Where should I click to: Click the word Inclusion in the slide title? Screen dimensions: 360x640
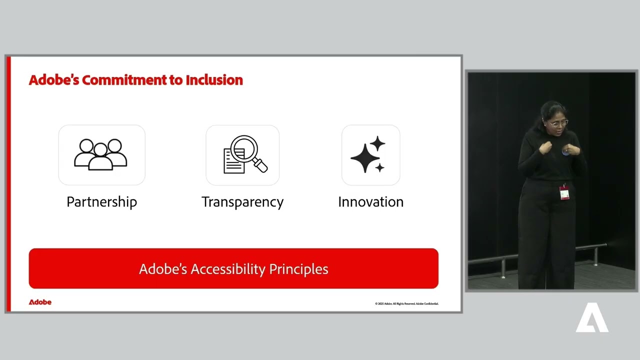tap(214, 80)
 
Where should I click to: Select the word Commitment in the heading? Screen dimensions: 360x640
tap(125, 80)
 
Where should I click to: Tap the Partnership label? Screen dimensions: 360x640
tap(101, 202)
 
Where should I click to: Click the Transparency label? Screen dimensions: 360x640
tap(242, 202)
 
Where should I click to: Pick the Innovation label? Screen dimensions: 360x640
tap(370, 202)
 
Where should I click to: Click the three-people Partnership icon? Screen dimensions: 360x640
tap(101, 154)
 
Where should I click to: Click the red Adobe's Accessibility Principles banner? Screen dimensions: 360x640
tap(233, 268)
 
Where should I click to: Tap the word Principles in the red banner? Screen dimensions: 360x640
tap(298, 269)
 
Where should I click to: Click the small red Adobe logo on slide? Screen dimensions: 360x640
tap(40, 302)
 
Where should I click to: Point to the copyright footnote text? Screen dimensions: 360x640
tap(406, 303)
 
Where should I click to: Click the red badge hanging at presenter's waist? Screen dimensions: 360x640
tap(564, 192)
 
